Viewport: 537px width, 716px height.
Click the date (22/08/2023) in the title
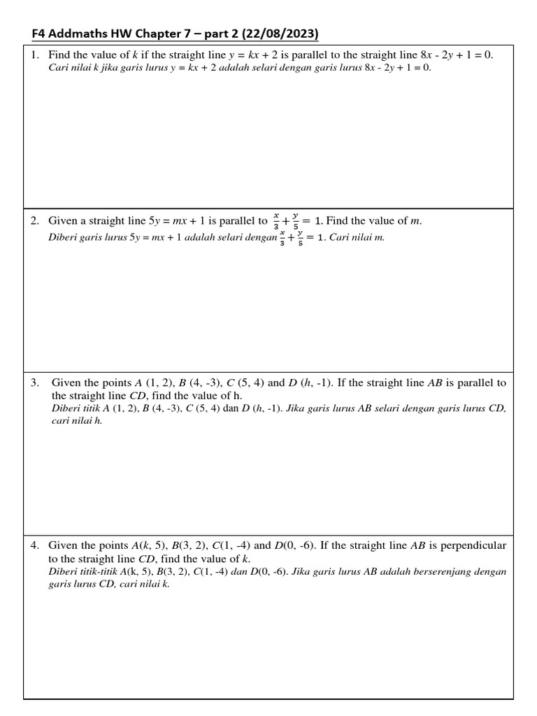click(x=281, y=34)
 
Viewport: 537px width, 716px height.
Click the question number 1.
click(x=34, y=55)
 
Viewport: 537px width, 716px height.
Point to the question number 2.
click(x=34, y=221)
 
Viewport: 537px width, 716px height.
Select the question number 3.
click(x=34, y=383)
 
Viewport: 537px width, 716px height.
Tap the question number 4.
click(x=34, y=545)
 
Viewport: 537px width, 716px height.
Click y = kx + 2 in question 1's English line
click(x=253, y=55)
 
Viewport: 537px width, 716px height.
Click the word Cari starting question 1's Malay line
click(x=58, y=69)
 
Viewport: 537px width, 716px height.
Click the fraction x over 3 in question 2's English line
click(x=276, y=221)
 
